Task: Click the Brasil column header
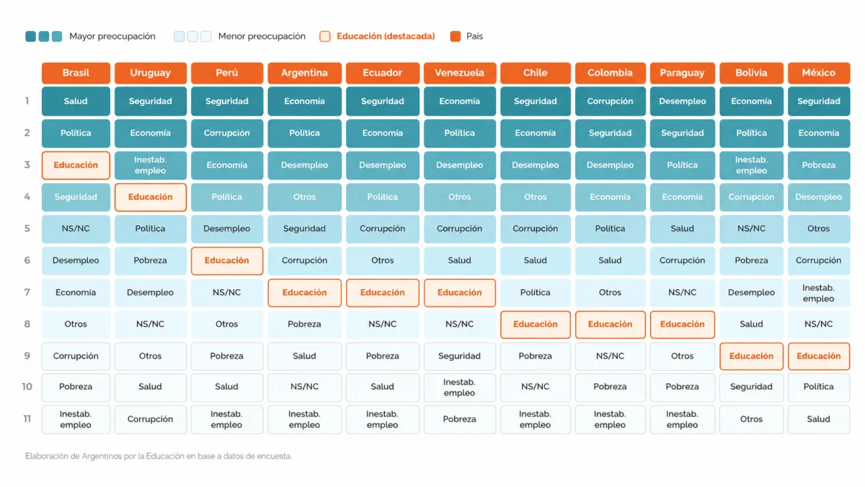[76, 73]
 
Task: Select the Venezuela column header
[460, 73]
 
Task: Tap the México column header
[819, 73]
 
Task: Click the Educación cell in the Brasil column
[76, 165]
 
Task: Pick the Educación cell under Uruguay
[150, 197]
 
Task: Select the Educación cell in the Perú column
[226, 260]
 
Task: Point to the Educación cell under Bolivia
[751, 356]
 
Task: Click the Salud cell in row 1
[76, 101]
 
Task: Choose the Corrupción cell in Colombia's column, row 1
[610, 101]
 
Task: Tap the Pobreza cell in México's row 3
[819, 165]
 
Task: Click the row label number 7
[27, 292]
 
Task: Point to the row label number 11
[27, 419]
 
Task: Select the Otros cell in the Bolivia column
[751, 419]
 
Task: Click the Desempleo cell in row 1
[683, 101]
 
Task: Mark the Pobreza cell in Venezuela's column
[460, 419]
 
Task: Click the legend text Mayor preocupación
[112, 36]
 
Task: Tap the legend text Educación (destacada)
[386, 36]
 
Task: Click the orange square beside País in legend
[456, 36]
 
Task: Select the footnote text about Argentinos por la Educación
[159, 456]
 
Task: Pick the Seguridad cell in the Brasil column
[76, 197]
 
